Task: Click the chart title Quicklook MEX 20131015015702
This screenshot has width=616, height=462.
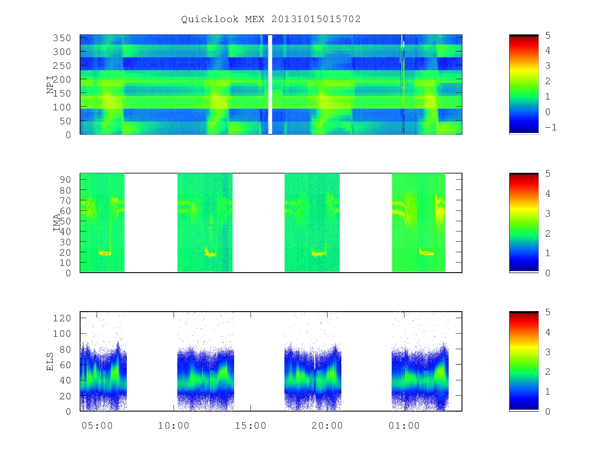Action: pos(271,19)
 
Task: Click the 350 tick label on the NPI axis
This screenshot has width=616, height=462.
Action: pos(62,38)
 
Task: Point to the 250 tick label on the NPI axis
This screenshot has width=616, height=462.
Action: pos(62,66)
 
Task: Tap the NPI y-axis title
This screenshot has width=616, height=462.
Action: pos(50,85)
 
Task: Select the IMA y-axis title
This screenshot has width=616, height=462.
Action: pos(56,222)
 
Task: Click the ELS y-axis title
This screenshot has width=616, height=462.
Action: pos(50,361)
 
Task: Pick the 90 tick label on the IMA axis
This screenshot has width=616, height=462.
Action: pos(65,180)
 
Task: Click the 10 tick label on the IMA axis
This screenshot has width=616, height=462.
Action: pos(65,263)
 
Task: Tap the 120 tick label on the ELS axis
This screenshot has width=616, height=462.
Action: pos(62,318)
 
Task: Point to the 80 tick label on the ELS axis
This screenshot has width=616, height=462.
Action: pos(65,349)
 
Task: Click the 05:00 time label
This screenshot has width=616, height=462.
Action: pos(97,426)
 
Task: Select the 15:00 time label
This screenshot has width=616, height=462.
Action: pos(251,426)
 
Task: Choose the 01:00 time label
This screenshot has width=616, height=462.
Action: pos(404,426)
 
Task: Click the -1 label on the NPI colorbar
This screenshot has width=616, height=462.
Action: pos(551,127)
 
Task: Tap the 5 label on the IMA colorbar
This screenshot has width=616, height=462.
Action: pos(548,174)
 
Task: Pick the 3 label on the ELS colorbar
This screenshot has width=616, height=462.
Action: pos(548,352)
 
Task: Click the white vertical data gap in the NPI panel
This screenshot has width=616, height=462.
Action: pos(270,84)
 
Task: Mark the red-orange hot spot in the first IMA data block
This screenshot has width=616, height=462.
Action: pos(105,253)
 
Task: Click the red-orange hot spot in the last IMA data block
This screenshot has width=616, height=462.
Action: pos(426,253)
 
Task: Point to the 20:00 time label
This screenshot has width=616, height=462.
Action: pos(327,426)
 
